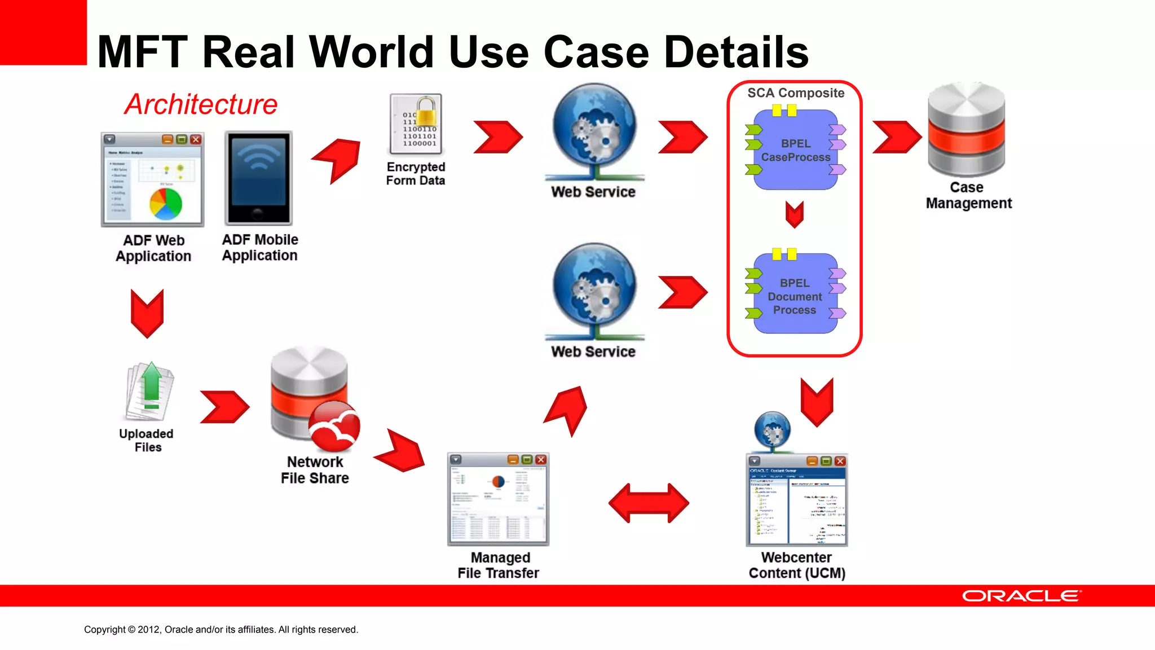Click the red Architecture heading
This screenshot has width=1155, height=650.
pyautogui.click(x=201, y=104)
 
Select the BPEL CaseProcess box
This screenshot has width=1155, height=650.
pyautogui.click(x=796, y=150)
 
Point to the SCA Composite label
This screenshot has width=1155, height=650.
pyautogui.click(x=796, y=93)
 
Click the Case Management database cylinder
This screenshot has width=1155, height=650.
pyautogui.click(x=966, y=130)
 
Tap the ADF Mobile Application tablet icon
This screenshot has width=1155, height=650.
pyautogui.click(x=259, y=178)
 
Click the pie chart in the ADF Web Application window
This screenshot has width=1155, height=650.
pyautogui.click(x=166, y=204)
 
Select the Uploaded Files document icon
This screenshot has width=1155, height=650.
pyautogui.click(x=149, y=392)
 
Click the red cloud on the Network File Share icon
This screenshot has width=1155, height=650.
pyautogui.click(x=335, y=427)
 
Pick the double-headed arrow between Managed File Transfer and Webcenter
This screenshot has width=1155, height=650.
pyautogui.click(x=649, y=503)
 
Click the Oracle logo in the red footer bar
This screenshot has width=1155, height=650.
pyautogui.click(x=1021, y=596)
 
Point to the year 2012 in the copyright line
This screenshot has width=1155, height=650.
pyautogui.click(x=149, y=630)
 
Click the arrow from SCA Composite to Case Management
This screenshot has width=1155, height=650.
pyautogui.click(x=896, y=137)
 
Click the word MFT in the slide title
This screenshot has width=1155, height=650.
pyautogui.click(x=142, y=52)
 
